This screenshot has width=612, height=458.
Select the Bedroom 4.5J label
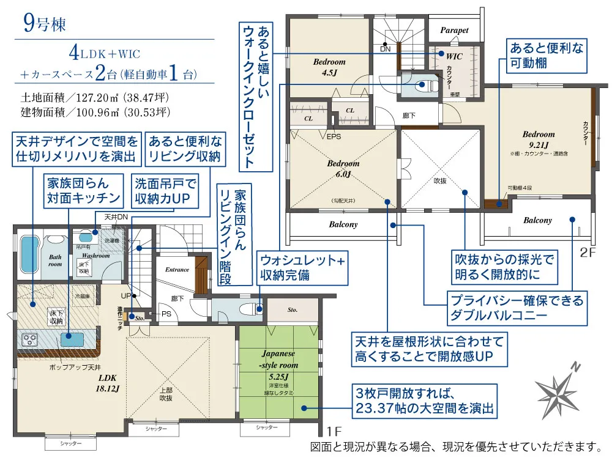point(329,67)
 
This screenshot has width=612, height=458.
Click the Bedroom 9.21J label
point(539,139)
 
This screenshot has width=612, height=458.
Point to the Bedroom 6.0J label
point(343,169)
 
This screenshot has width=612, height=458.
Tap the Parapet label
point(455,30)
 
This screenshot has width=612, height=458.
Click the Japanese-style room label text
point(278,359)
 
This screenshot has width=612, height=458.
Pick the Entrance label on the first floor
point(177,270)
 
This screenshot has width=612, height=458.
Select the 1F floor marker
point(333,430)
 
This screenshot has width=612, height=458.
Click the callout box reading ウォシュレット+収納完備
point(301,268)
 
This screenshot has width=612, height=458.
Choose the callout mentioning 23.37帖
point(424,399)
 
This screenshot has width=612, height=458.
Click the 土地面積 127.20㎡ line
point(95,97)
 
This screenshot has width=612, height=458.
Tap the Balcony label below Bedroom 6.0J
point(343,224)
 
